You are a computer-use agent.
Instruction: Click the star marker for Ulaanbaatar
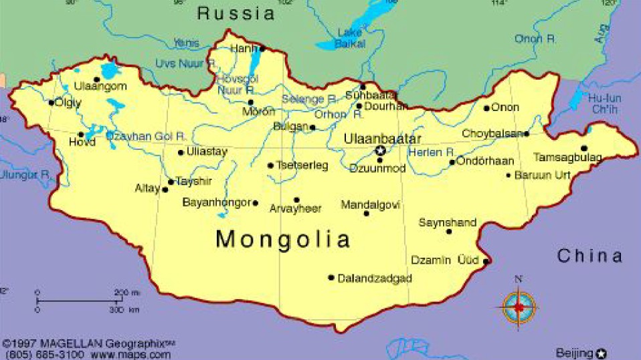pyautogui.click(x=380, y=151)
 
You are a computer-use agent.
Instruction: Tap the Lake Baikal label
pyautogui.click(x=351, y=38)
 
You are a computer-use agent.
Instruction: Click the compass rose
pyautogui.click(x=519, y=307)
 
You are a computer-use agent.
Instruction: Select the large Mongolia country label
pyautogui.click(x=283, y=239)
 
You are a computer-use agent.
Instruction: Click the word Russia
pyautogui.click(x=236, y=13)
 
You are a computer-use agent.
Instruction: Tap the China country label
pyautogui.click(x=589, y=256)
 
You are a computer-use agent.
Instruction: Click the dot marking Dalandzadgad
pyautogui.click(x=331, y=277)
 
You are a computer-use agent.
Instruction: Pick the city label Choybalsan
pyautogui.click(x=492, y=134)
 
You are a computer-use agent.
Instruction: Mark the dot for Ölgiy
pyautogui.click(x=52, y=102)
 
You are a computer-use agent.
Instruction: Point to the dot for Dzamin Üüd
pyautogui.click(x=486, y=260)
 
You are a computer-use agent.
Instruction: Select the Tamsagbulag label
pyautogui.click(x=567, y=158)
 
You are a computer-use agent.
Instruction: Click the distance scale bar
pyautogui.click(x=80, y=301)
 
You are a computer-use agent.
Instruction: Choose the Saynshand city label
pyautogui.click(x=447, y=223)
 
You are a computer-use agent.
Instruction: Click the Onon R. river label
pyautogui.click(x=535, y=39)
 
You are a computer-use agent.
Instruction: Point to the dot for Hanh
pyautogui.click(x=262, y=48)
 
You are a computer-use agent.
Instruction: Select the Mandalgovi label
pyautogui.click(x=370, y=204)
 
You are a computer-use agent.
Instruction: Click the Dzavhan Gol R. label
pyautogui.click(x=145, y=137)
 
